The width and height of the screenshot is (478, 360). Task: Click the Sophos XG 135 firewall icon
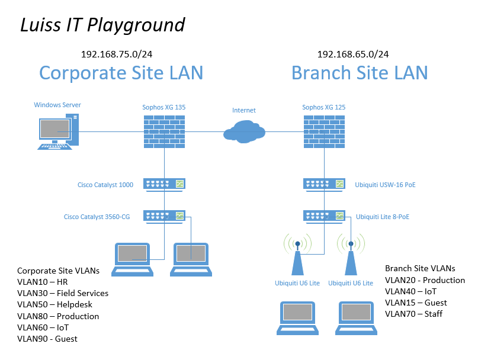pyautogui.click(x=164, y=131)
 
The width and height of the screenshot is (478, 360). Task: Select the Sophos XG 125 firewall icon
pyautogui.click(x=324, y=131)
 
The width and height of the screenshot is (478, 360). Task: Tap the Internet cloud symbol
pyautogui.click(x=244, y=131)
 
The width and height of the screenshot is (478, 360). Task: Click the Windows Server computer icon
pyautogui.click(x=58, y=131)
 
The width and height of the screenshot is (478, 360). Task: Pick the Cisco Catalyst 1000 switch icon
pyautogui.click(x=164, y=185)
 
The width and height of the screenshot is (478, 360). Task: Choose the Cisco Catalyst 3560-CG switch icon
pyautogui.click(x=164, y=217)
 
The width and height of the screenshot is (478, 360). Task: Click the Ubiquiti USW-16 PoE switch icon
pyautogui.click(x=324, y=185)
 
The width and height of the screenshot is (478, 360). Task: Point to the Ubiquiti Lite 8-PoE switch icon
pyautogui.click(x=324, y=217)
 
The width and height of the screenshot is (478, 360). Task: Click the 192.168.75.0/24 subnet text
pyautogui.click(x=117, y=54)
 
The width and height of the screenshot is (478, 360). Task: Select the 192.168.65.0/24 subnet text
pyautogui.click(x=353, y=54)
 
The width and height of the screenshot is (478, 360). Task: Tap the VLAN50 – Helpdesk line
pyautogui.click(x=54, y=304)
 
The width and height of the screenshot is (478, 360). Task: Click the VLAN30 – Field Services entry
pyautogui.click(x=63, y=293)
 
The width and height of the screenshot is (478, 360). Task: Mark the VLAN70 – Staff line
pyautogui.click(x=413, y=314)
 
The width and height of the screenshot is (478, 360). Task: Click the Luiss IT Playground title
pyautogui.click(x=102, y=25)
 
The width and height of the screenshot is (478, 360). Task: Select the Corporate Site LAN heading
pyautogui.click(x=121, y=73)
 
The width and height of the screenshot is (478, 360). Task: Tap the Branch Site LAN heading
pyautogui.click(x=360, y=73)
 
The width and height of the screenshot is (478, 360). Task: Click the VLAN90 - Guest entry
pyautogui.click(x=47, y=339)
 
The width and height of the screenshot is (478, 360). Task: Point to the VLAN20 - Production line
pyautogui.click(x=425, y=280)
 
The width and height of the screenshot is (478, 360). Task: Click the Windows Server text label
pyautogui.click(x=57, y=105)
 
